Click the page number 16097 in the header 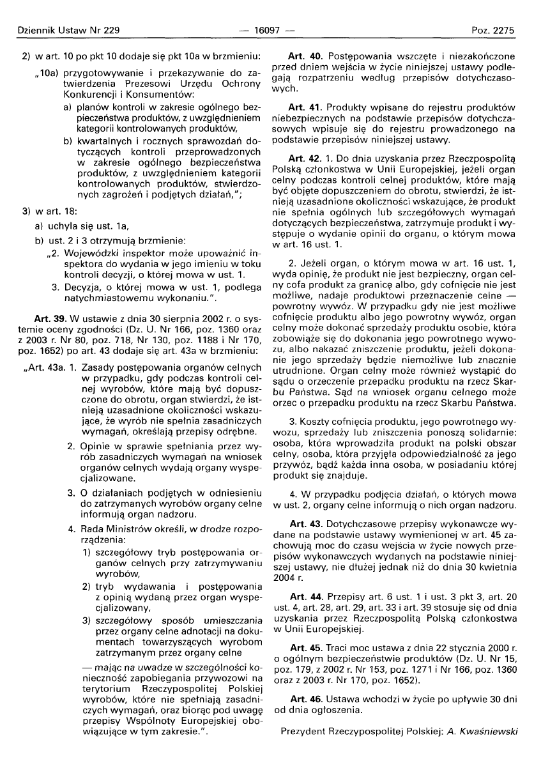266,30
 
